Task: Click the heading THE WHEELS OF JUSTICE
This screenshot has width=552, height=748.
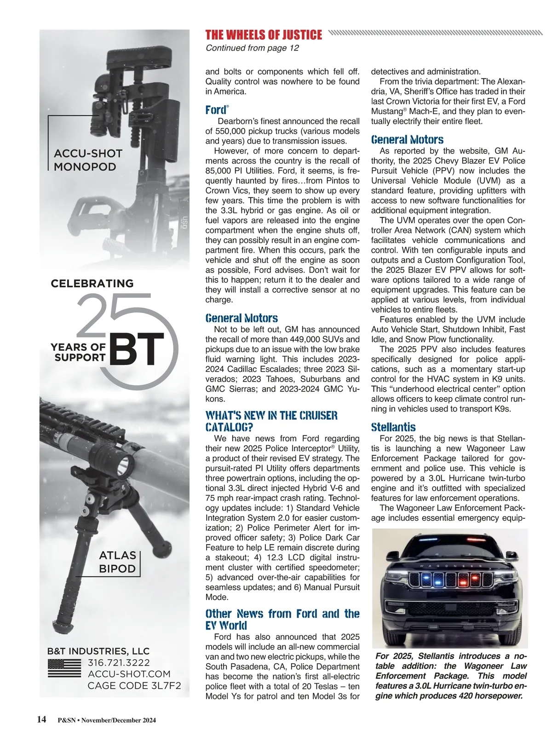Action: point(264,35)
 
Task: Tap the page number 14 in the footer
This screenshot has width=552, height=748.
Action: point(41,719)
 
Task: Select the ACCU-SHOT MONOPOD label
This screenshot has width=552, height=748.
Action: point(88,160)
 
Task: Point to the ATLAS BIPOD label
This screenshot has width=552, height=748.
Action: point(117,562)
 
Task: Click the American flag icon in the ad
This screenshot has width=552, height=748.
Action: point(64,668)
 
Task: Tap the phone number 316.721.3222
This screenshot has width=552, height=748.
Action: point(119,663)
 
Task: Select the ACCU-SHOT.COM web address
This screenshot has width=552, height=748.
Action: point(129,674)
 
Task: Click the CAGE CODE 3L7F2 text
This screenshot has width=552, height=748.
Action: point(134,686)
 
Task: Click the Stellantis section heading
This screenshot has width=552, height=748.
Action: point(393,427)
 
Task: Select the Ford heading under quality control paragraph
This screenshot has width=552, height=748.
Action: point(216,110)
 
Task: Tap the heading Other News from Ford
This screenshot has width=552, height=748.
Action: point(282,619)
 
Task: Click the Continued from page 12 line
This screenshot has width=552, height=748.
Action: point(252,48)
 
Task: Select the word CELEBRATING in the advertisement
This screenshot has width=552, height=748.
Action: point(92,284)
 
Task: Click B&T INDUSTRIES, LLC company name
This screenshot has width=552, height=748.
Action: point(98,651)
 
